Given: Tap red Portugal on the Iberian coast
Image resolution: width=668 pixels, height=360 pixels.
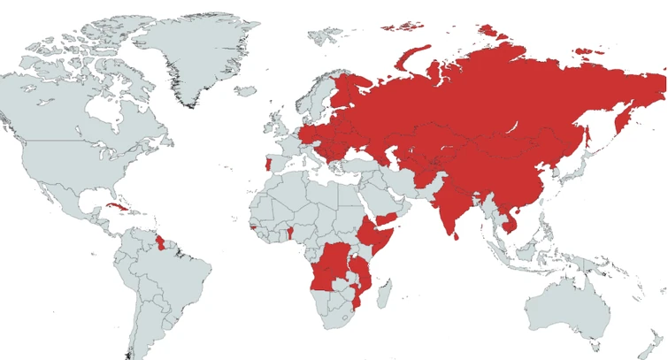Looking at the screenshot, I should [268, 165].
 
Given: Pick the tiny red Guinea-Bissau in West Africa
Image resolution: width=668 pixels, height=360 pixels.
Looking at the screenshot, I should [254, 227].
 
